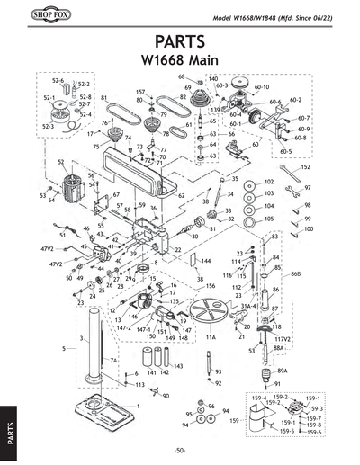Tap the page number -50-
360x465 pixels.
[181, 450]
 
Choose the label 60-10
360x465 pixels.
[262, 86]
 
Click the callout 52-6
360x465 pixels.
[57, 81]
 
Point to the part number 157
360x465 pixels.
[140, 92]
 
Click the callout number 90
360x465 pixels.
[166, 395]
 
